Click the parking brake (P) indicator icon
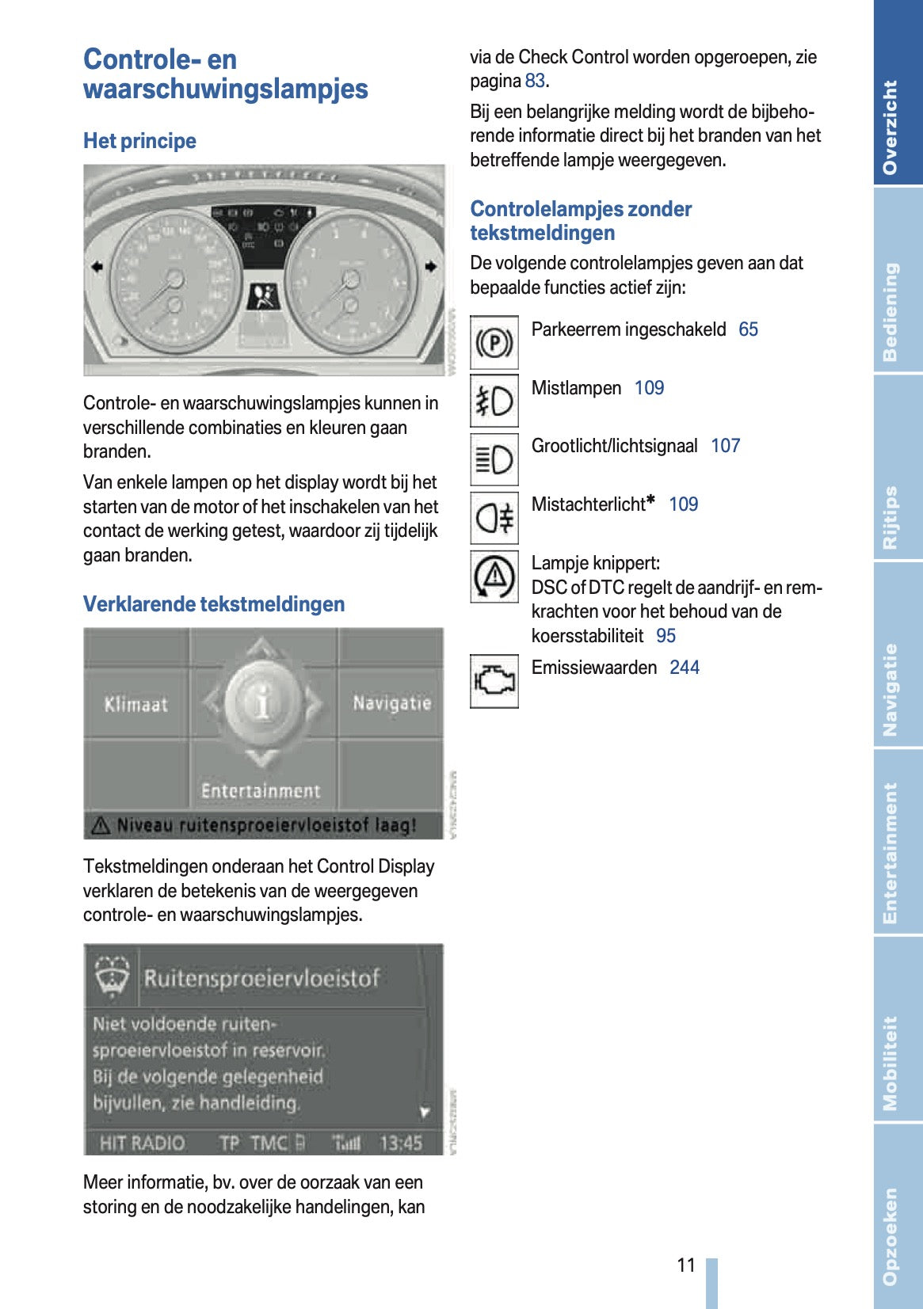tap(494, 343)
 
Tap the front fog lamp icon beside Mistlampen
tap(494, 401)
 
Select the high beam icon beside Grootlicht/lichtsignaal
tap(494, 459)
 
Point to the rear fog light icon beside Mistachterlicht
tap(494, 518)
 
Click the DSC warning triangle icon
tap(494, 576)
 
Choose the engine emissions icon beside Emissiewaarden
tap(494, 680)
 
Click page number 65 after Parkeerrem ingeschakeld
tap(748, 329)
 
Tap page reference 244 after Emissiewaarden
tap(684, 668)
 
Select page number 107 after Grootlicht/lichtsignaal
tap(725, 446)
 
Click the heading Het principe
tap(139, 141)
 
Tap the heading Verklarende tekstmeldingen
tap(214, 604)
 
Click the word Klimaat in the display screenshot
tap(135, 704)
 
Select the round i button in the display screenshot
tap(262, 702)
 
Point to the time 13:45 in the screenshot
tap(401, 1143)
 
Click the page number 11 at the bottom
tap(686, 1265)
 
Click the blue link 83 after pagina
tap(535, 81)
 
